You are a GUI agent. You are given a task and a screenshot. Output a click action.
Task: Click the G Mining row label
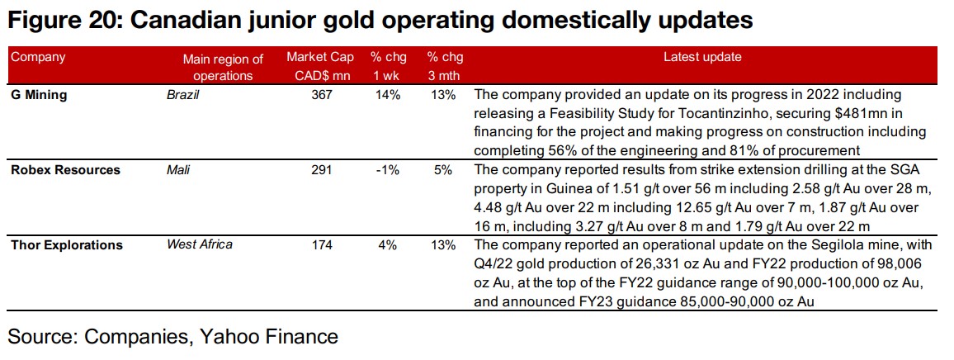tap(39, 95)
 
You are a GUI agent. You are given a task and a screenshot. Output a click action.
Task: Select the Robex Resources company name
tap(65, 170)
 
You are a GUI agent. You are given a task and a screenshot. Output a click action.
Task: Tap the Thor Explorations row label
tap(66, 245)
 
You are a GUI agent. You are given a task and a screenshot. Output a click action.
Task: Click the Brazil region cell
tap(183, 95)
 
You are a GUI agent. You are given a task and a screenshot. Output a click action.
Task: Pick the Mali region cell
tap(178, 170)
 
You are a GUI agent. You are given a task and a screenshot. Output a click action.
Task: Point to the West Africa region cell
tap(200, 244)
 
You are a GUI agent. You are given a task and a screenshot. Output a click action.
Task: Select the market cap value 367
tap(322, 95)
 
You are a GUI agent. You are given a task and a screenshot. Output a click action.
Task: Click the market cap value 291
tap(322, 170)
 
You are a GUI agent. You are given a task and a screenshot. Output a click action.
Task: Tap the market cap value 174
tap(322, 245)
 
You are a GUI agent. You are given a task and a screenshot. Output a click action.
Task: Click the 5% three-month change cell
tap(443, 170)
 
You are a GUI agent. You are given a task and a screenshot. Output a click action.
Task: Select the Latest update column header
tap(702, 58)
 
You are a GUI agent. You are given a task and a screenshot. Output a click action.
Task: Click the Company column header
tap(38, 58)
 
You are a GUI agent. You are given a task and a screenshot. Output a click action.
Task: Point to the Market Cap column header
tap(320, 66)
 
